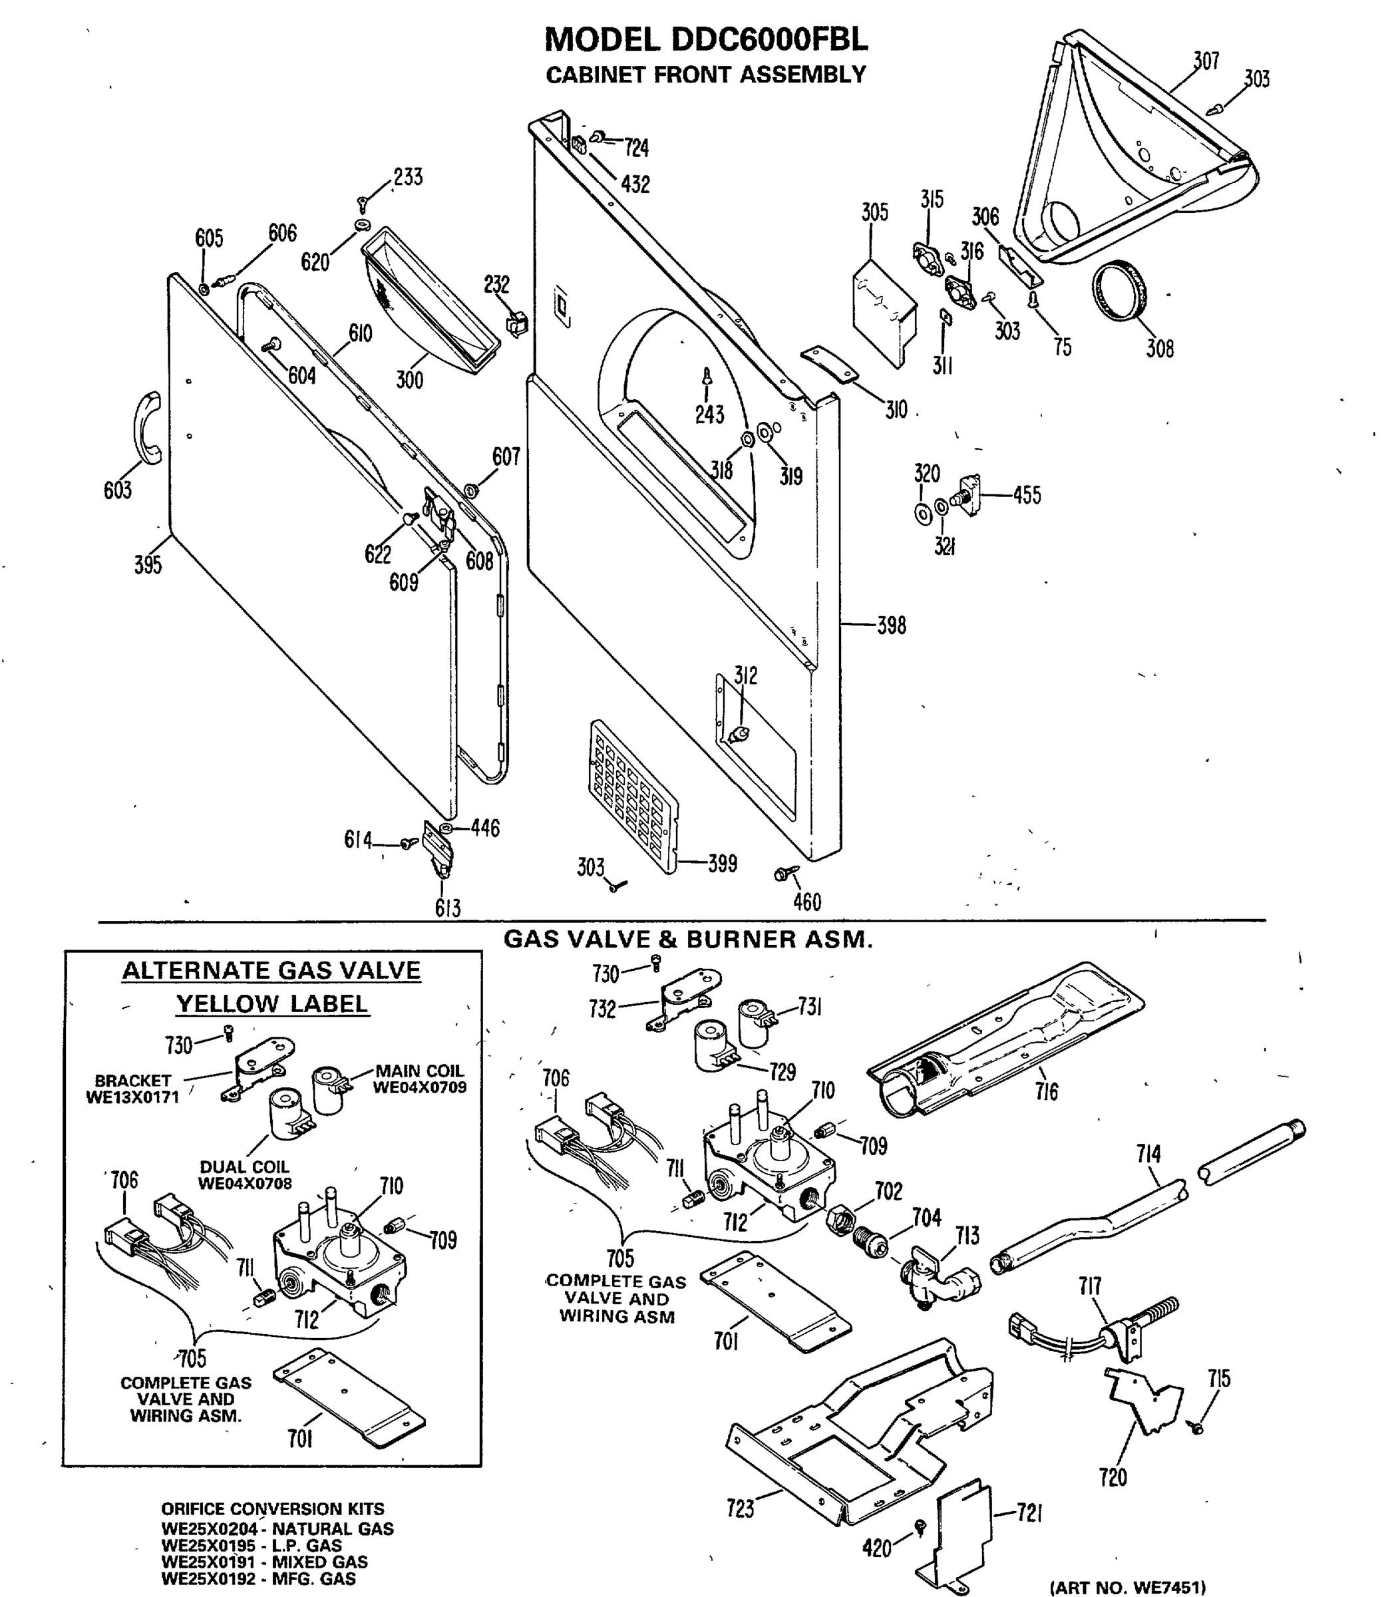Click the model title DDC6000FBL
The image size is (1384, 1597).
706,39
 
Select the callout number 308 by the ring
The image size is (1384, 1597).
1159,349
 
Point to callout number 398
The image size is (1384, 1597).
891,625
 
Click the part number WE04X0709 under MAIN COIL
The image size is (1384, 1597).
419,1088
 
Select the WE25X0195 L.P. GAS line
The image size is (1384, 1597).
252,1546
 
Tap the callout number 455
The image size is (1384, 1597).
1027,495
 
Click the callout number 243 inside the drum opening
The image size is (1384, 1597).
709,415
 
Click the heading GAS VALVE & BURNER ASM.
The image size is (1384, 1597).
687,940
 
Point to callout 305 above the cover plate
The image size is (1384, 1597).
874,212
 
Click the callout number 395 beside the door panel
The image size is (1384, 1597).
148,564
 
